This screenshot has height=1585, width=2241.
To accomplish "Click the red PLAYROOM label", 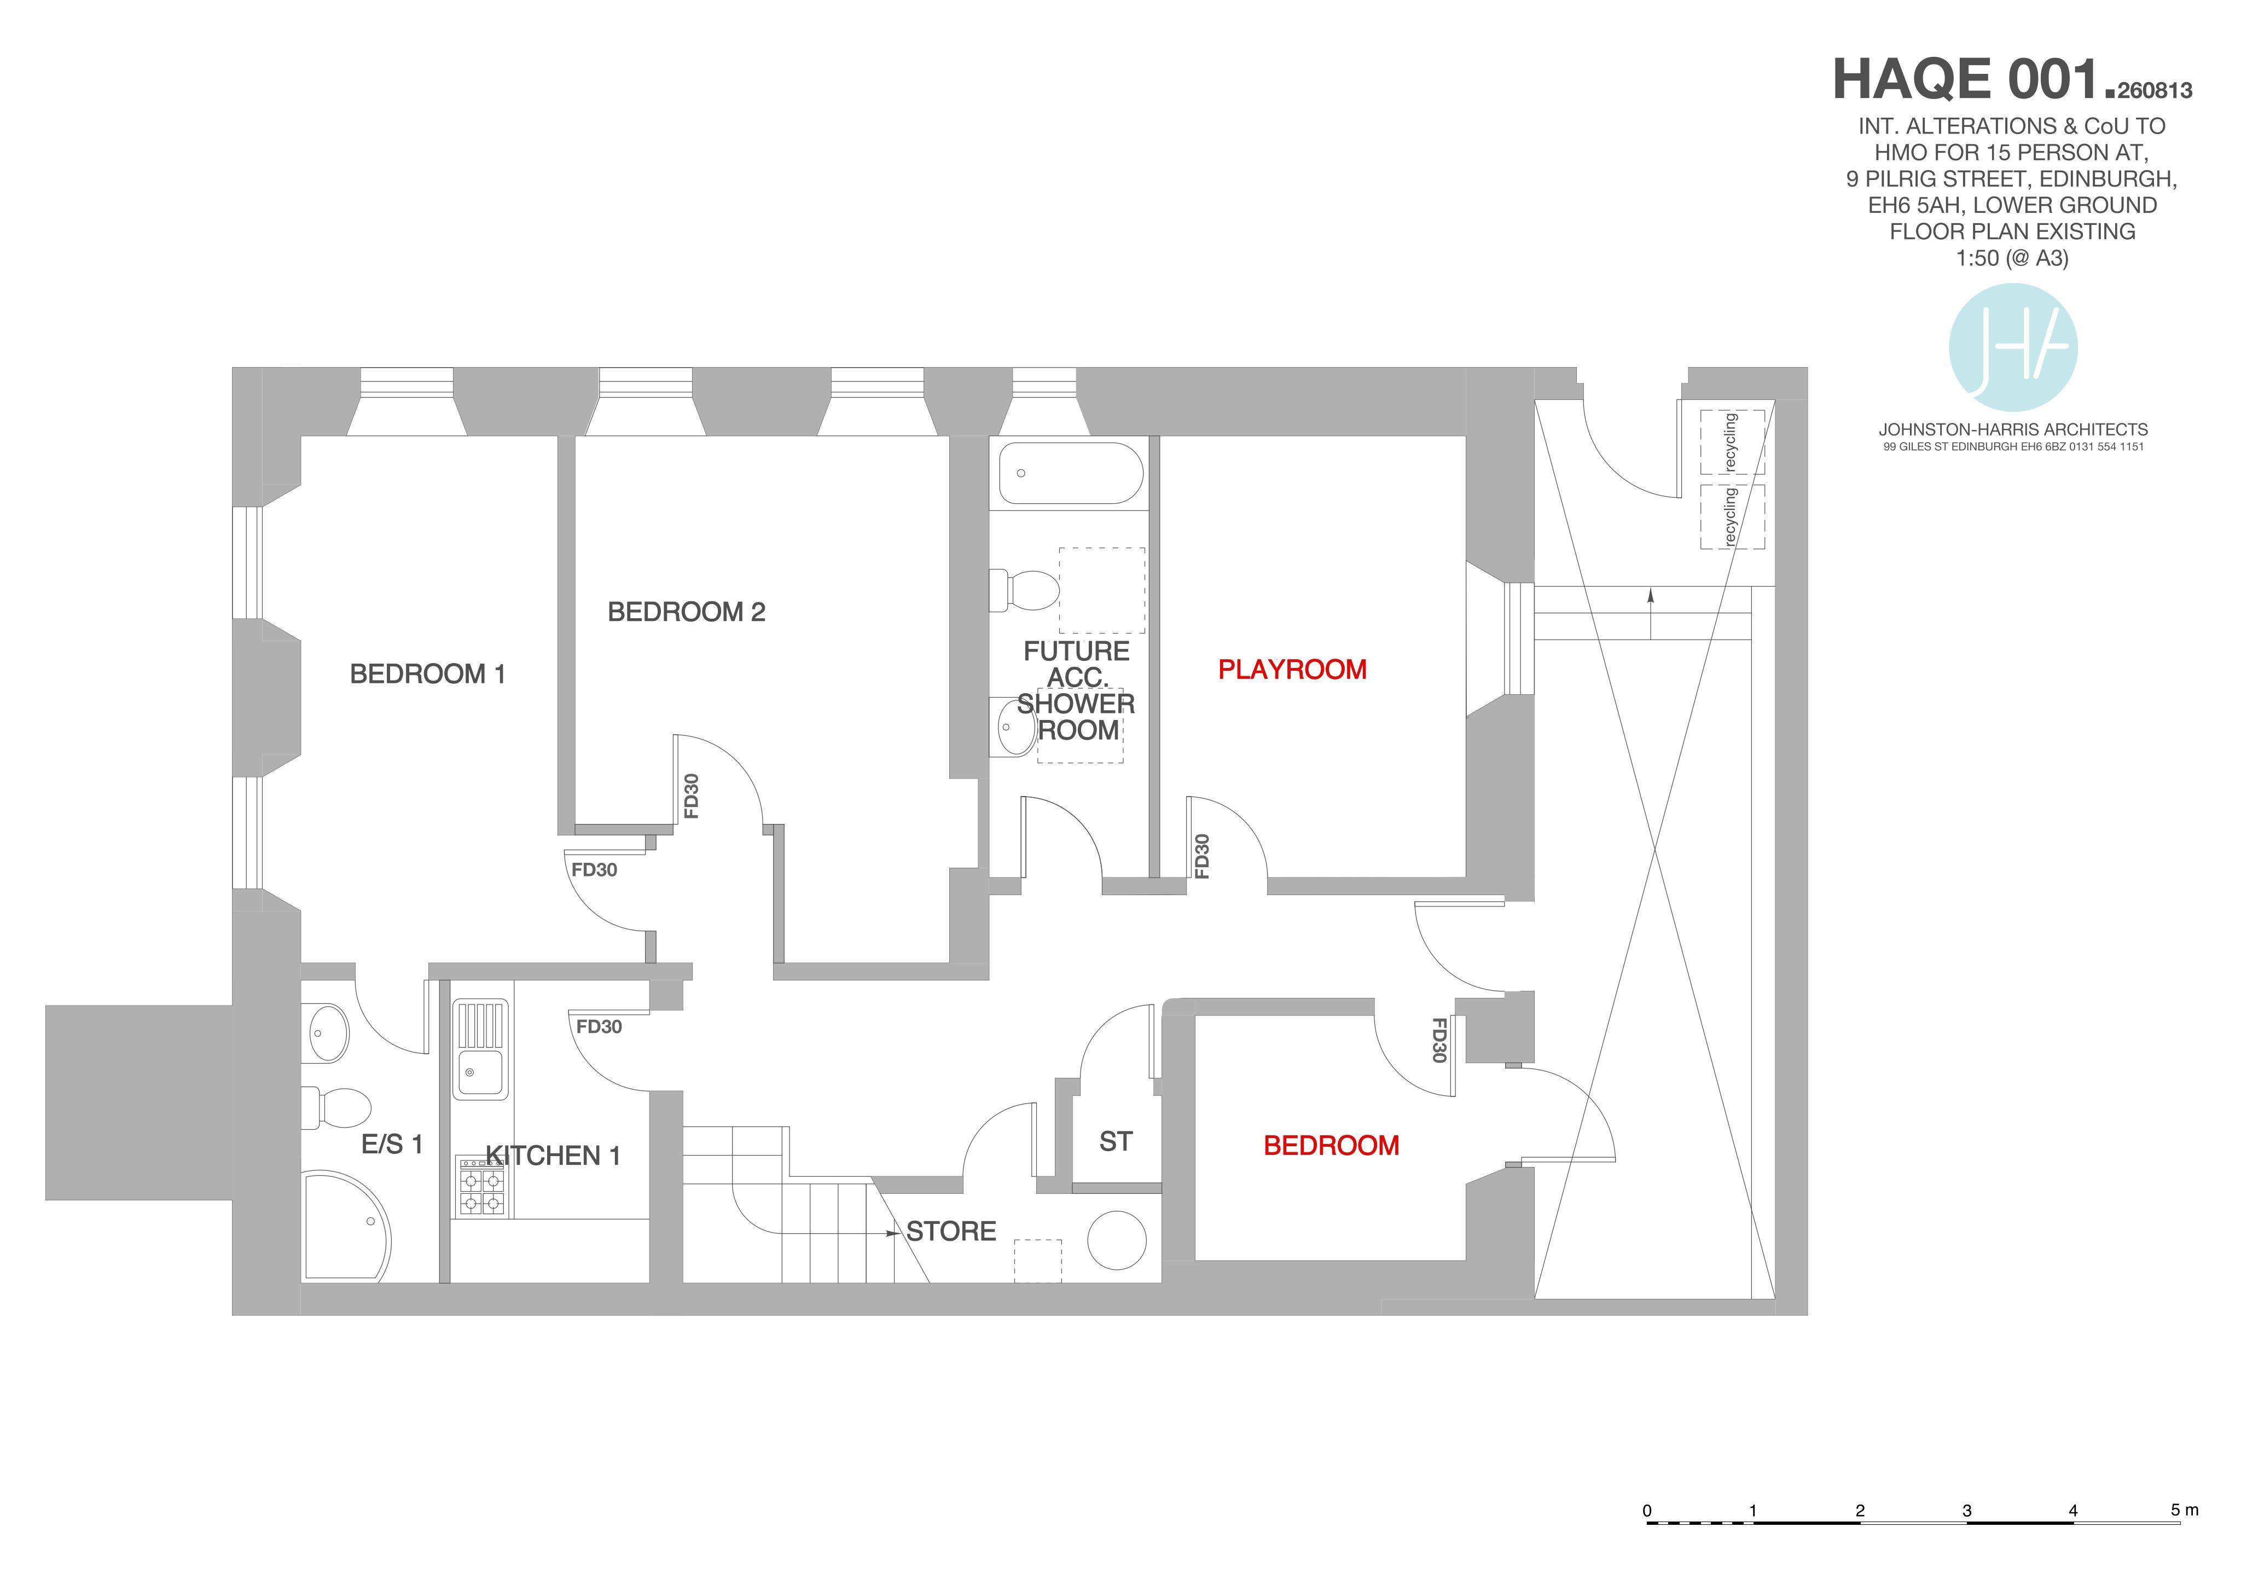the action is [1292, 670].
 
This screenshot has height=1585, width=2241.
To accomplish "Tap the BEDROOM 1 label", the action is [427, 675].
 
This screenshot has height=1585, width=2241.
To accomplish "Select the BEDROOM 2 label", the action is [686, 612].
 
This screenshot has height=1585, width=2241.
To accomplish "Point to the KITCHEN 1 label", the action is [554, 1157].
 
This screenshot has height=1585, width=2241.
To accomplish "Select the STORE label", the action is [951, 1232].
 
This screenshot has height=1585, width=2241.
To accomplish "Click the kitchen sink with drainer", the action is [480, 1049].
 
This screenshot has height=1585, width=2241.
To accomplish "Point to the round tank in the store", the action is [1117, 1240].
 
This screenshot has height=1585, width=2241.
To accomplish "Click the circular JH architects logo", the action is [2013, 347].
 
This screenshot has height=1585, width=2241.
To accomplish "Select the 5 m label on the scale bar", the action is [2185, 1510].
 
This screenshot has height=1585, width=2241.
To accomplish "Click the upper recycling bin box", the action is [1733, 442].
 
